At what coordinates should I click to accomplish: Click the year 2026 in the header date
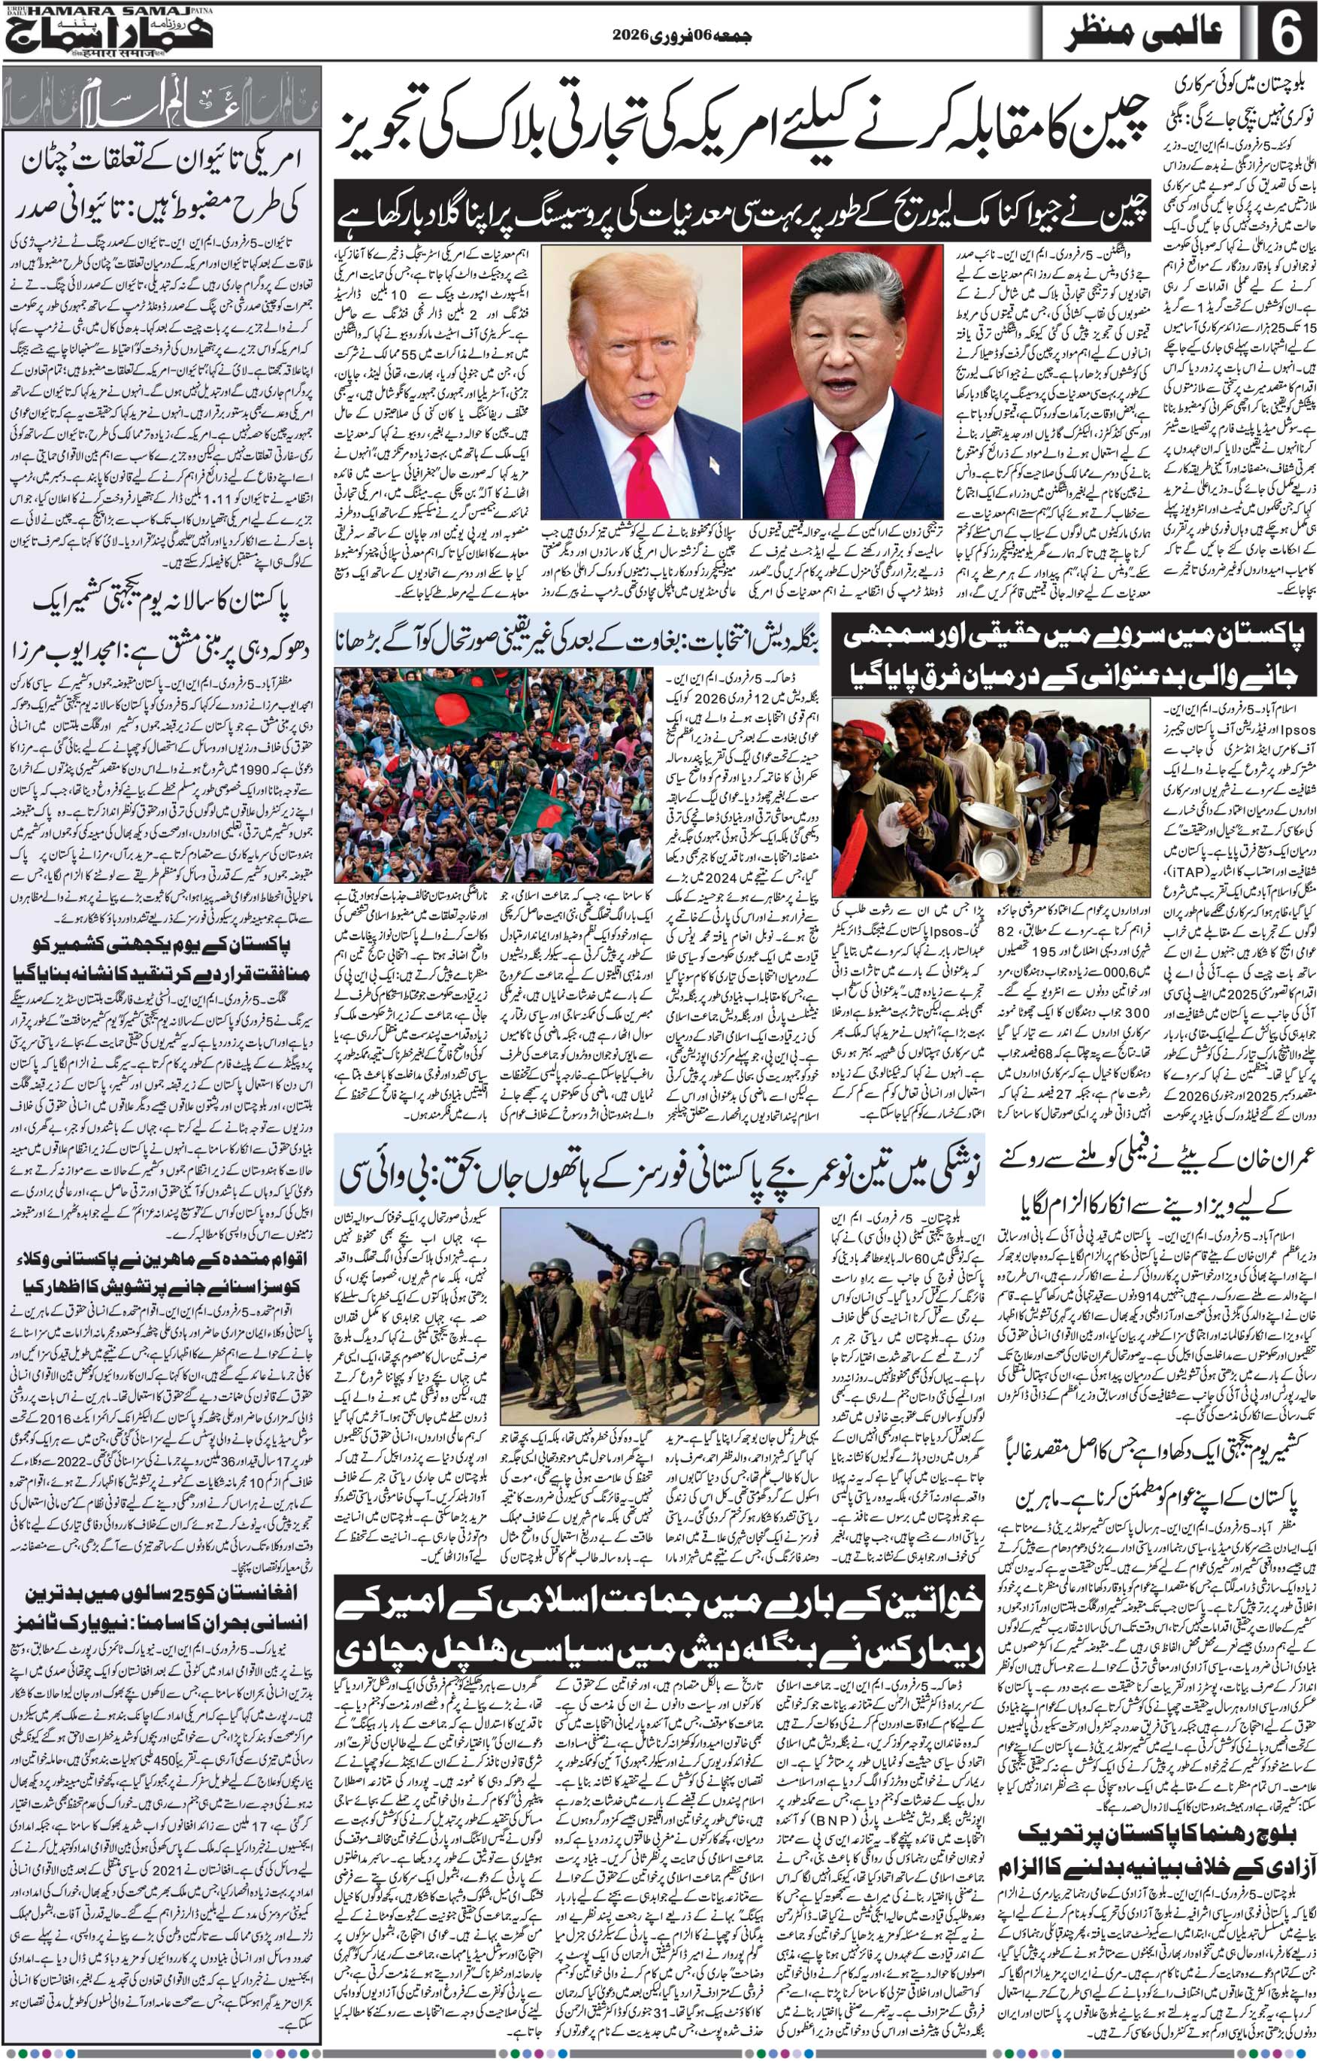[x=637, y=36]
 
